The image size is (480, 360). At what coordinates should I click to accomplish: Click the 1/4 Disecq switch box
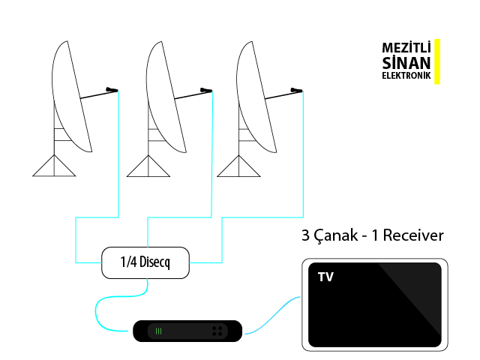coord(146,262)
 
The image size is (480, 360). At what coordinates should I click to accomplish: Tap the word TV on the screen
coord(325,277)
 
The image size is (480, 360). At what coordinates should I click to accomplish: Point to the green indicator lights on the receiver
coord(158,331)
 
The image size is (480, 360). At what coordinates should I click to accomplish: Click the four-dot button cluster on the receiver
coord(217,331)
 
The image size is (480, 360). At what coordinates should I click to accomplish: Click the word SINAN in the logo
coord(406,62)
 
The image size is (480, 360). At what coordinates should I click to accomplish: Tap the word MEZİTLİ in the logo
coord(406,46)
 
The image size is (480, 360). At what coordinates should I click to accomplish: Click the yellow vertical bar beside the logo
coord(437,61)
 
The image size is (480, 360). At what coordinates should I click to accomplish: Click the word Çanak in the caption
coord(334,235)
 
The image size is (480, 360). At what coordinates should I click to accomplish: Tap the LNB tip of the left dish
coord(112,90)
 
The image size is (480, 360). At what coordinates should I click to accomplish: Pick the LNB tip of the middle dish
coord(206,90)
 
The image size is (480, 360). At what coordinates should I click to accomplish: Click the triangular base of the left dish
coord(55,167)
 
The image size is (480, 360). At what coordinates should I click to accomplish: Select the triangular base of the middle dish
coord(148,167)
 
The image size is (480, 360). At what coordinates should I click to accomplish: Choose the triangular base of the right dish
coord(240,167)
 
